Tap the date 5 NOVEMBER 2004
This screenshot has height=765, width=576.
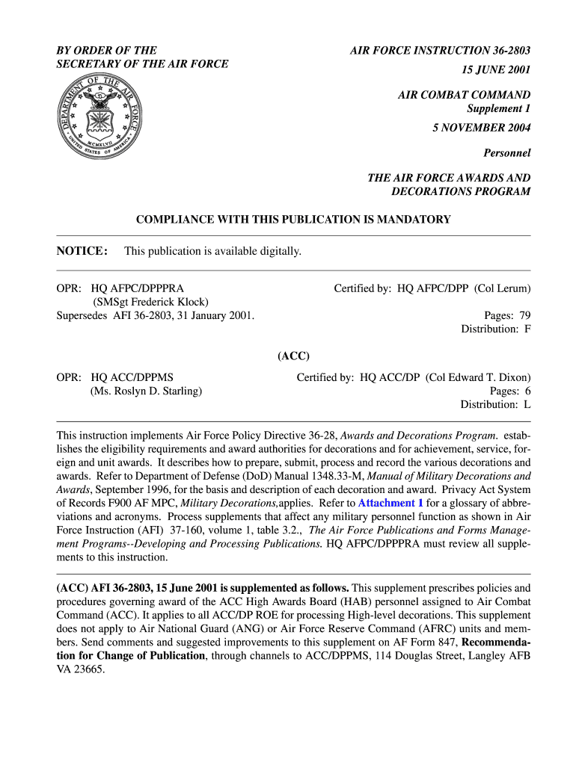[481, 128]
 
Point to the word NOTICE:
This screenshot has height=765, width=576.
[82, 251]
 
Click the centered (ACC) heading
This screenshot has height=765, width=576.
[293, 356]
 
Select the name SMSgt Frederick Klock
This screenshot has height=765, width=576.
[150, 302]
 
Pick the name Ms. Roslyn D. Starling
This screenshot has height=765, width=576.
[146, 391]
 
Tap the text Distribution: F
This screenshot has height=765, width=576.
[495, 329]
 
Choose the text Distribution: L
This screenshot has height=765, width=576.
[495, 404]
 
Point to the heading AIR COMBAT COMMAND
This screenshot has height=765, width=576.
[464, 95]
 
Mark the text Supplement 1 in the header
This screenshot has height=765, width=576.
[498, 108]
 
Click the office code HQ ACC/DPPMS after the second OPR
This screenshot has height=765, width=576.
[132, 377]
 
